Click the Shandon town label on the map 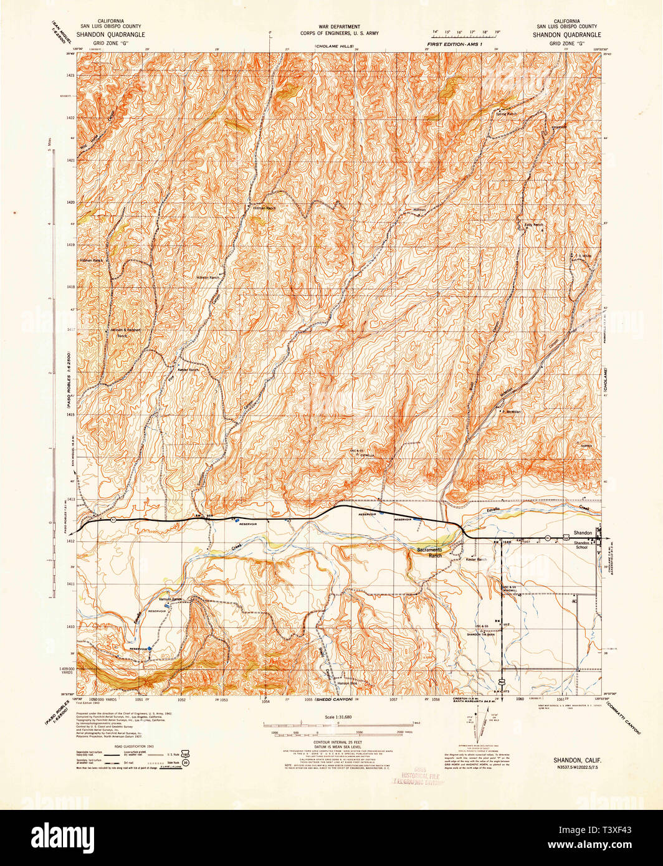[x=582, y=533]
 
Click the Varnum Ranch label [x=169, y=599]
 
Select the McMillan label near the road [x=512, y=412]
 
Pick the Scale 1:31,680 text [x=338, y=717]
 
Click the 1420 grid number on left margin [x=70, y=202]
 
